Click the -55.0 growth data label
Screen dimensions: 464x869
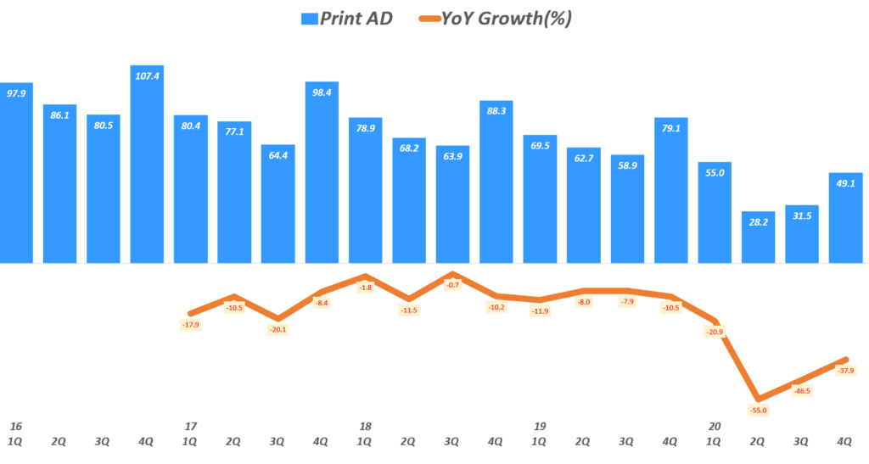point(758,411)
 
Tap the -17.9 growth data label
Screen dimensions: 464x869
point(191,324)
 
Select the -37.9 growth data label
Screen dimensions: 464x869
point(845,371)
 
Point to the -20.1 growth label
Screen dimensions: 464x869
point(278,330)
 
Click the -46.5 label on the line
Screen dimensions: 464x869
point(801,391)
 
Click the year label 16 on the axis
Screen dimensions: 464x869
point(14,426)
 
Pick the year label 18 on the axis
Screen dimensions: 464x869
point(364,426)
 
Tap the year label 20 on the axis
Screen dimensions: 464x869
point(715,426)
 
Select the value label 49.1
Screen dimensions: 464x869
point(845,182)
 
